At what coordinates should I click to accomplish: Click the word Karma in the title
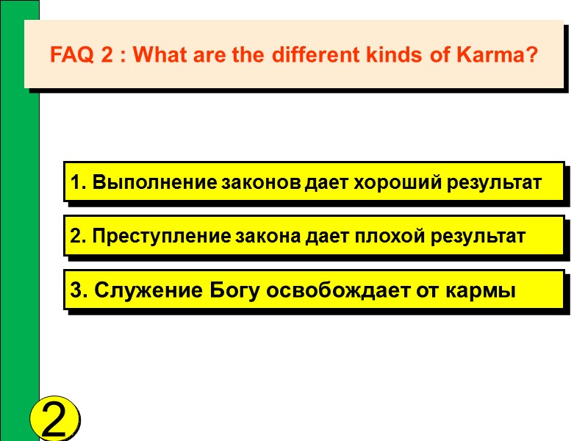tap(506, 55)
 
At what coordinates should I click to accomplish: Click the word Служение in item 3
tap(135, 291)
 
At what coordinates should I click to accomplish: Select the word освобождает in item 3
tap(340, 291)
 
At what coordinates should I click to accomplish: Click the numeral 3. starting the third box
tap(76, 291)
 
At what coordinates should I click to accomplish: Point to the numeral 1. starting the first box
tap(76, 182)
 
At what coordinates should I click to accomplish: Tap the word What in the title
tap(163, 55)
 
